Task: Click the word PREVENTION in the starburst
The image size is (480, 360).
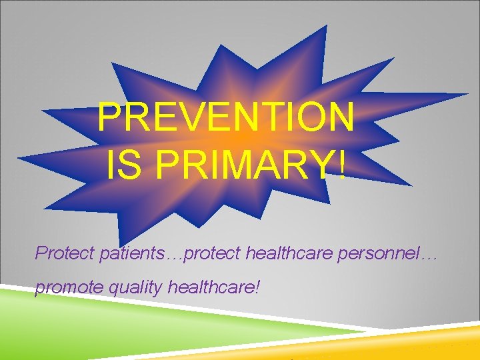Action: point(225,118)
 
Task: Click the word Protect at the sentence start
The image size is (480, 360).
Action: point(60,253)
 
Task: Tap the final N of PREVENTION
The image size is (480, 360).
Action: point(340,118)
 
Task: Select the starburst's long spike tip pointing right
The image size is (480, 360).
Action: point(466,94)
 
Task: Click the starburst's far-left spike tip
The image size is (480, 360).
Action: point(19,159)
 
